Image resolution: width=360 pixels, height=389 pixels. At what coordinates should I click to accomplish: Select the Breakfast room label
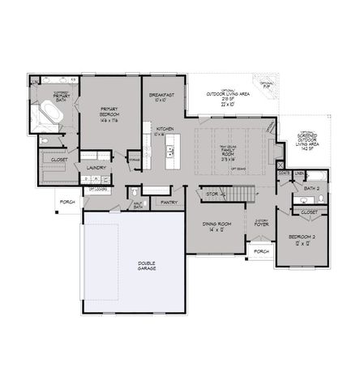(x=162, y=98)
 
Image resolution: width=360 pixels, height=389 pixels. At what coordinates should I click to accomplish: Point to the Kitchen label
(x=165, y=130)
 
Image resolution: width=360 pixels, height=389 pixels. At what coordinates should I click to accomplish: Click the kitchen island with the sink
(x=171, y=150)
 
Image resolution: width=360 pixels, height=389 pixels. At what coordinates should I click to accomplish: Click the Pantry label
(x=169, y=202)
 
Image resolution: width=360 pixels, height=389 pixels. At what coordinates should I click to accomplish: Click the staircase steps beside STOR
(x=239, y=195)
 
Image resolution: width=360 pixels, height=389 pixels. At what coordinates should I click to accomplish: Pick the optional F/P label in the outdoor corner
(x=266, y=83)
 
